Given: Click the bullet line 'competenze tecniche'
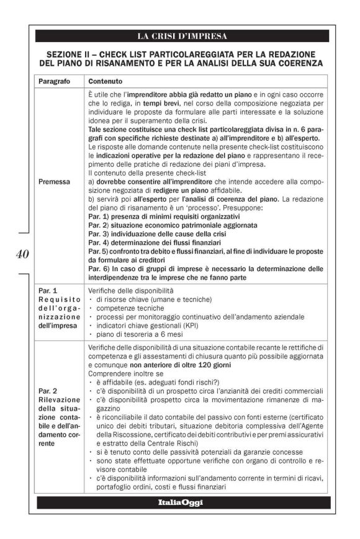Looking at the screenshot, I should pyautogui.click(x=129, y=308).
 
